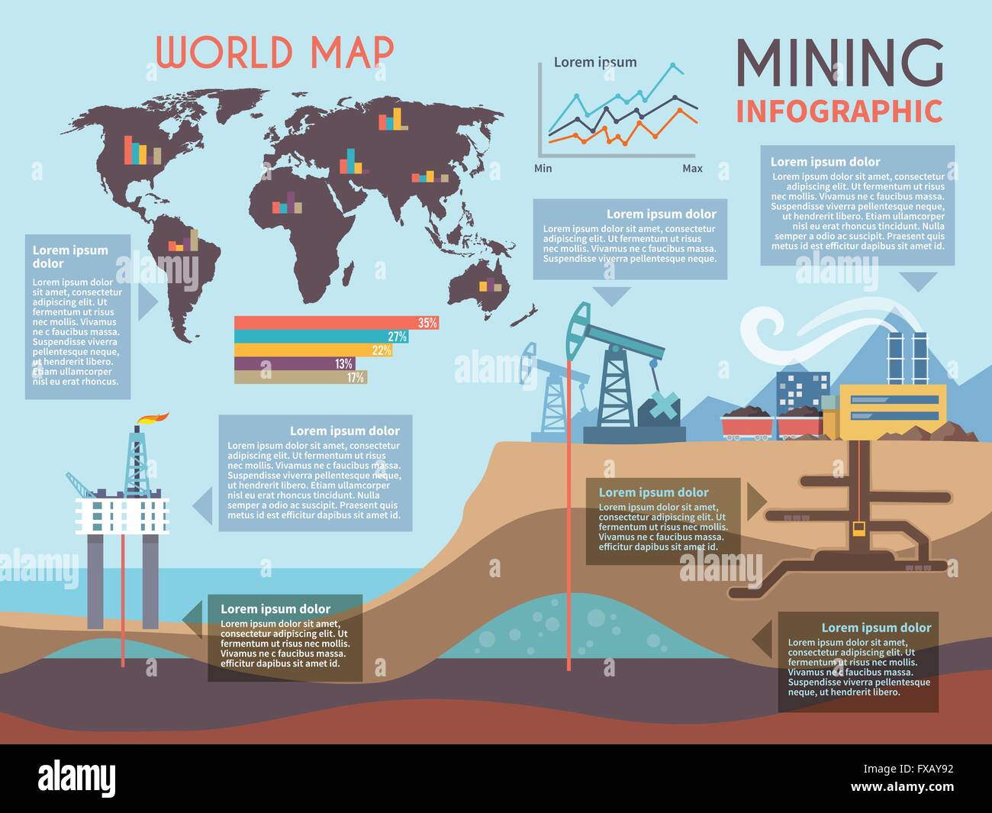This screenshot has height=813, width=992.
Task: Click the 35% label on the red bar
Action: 427,323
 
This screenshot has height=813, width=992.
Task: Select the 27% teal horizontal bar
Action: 320,337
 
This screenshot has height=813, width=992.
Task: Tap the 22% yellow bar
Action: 312,350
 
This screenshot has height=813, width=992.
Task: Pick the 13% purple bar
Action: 294,363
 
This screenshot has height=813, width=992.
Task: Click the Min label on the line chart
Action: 543,168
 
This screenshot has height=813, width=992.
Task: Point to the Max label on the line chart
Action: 692,168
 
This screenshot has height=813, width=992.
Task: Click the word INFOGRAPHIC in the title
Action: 839,111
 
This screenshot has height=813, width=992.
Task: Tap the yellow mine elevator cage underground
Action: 858,528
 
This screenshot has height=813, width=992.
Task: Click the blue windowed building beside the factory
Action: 803,392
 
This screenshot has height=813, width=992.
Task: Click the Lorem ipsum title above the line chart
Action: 594,63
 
